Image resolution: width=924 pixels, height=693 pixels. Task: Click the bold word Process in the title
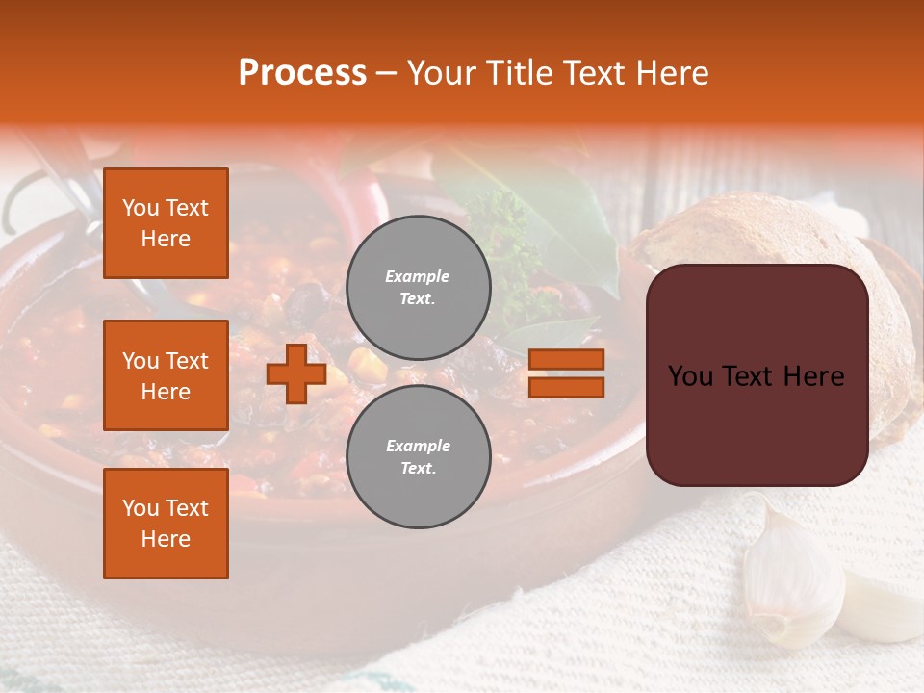click(302, 73)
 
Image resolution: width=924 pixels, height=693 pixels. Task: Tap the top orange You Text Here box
click(166, 223)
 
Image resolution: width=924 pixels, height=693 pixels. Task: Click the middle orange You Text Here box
click(166, 375)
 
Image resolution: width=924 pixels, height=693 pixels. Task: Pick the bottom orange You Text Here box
click(166, 524)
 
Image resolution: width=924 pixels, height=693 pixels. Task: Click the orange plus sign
click(295, 373)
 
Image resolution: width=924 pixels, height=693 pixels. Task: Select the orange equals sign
click(566, 373)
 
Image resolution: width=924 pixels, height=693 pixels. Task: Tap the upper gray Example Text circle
click(418, 287)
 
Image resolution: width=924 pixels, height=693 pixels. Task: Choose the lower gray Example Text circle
click(418, 457)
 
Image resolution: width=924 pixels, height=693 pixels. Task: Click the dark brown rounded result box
click(757, 375)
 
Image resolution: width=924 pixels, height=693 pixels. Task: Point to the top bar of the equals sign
click(566, 359)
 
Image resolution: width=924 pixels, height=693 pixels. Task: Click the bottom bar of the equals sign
click(566, 388)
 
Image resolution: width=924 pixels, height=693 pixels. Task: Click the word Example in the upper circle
click(418, 276)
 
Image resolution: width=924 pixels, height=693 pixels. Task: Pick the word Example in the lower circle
click(418, 446)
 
